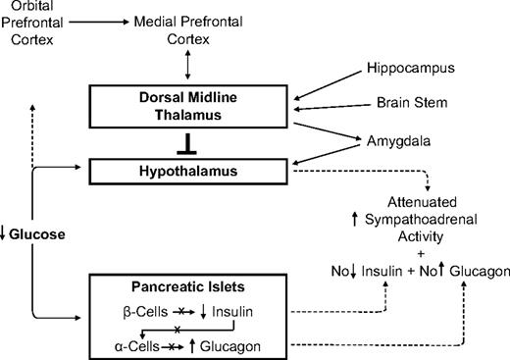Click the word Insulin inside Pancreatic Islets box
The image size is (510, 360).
pyautogui.click(x=224, y=316)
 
